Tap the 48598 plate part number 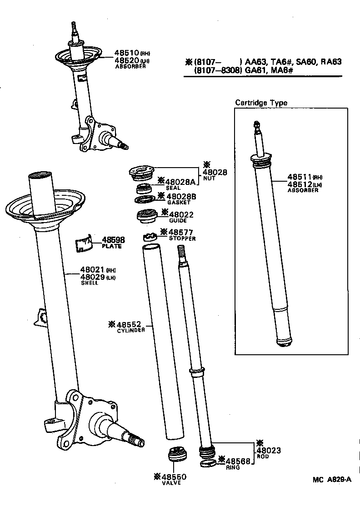click(x=113, y=240)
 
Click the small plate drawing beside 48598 click(x=84, y=243)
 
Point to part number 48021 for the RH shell click(x=93, y=270)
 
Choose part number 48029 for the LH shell click(x=93, y=277)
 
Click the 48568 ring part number click(x=238, y=460)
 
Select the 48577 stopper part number click(x=184, y=232)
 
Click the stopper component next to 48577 click(x=150, y=236)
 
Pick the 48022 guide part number click(x=181, y=214)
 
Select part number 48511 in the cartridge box click(x=299, y=177)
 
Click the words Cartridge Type click(x=261, y=103)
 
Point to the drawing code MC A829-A click(x=332, y=479)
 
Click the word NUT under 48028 click(x=209, y=179)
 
